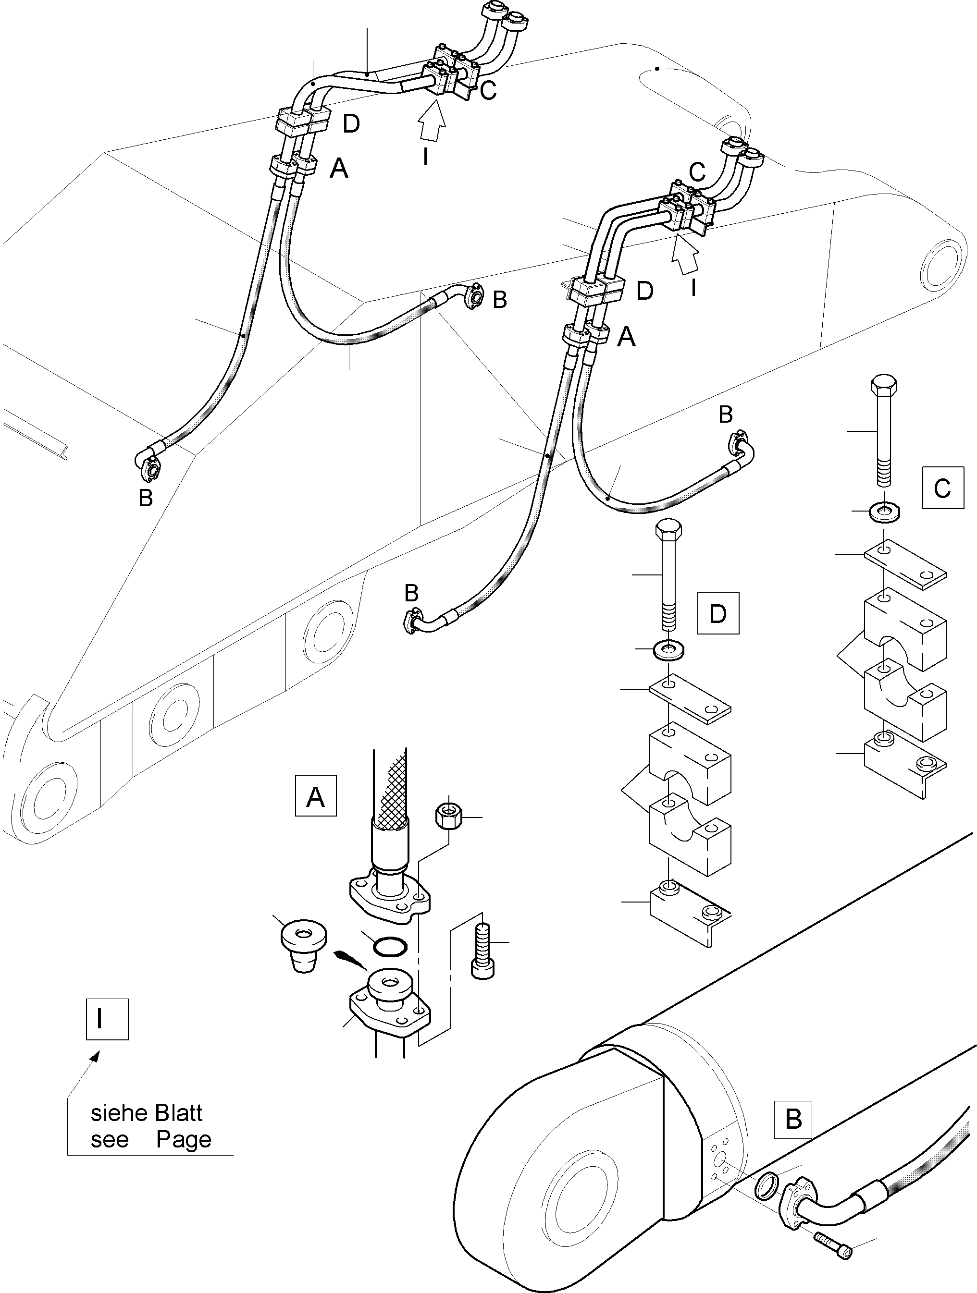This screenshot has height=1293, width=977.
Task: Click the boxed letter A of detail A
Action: pos(316,795)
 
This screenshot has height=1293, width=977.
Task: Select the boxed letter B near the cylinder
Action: pos(793,1120)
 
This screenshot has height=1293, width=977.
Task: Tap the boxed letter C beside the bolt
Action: pos(942,488)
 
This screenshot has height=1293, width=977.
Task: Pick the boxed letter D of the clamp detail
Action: pos(717,613)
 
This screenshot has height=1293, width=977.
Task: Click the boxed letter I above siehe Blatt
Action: pos(107,1019)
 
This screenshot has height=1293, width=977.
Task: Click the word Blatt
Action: pos(178,1113)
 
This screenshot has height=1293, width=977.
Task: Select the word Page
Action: pos(184,1139)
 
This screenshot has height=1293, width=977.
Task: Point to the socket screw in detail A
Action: pos(482,954)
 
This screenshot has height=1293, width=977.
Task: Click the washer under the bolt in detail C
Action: pos(884,512)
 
